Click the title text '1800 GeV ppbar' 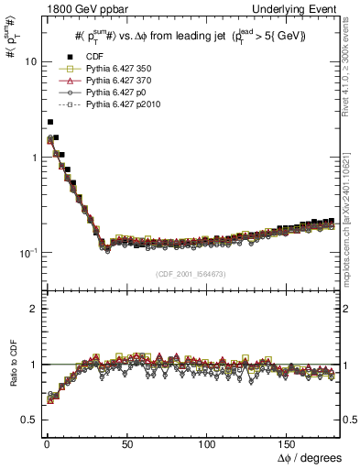pyautogui.click(x=74, y=8)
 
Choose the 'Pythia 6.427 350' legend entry pyautogui.click(x=118, y=69)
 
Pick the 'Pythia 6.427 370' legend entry pyautogui.click(x=118, y=82)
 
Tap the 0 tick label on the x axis pyautogui.click(x=44, y=443)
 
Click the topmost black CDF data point pyautogui.click(x=50, y=121)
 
